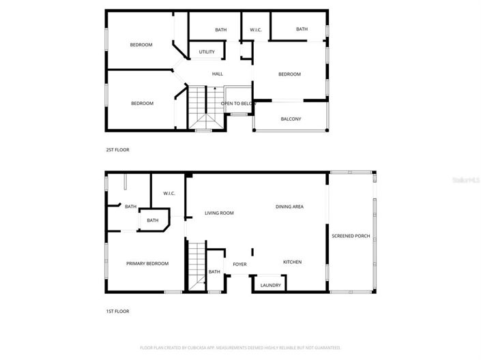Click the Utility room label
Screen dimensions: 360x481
[207, 52]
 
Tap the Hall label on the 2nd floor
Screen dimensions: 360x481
[217, 74]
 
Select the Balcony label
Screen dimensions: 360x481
[291, 119]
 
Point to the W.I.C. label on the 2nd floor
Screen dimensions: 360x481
[256, 29]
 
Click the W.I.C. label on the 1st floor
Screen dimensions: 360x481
[169, 194]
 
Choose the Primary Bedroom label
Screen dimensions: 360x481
[147, 263]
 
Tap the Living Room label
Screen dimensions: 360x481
[219, 213]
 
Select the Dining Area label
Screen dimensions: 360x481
[289, 207]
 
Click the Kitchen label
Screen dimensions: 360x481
[292, 262]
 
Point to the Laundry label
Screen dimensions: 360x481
[270, 285]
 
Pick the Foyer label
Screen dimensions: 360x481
[239, 265]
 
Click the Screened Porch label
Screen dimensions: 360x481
[351, 236]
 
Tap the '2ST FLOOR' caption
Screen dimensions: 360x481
[117, 149]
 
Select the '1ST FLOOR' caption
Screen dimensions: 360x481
[117, 311]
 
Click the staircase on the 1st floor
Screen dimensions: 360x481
[196, 266]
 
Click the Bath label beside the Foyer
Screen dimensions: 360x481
[214, 272]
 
